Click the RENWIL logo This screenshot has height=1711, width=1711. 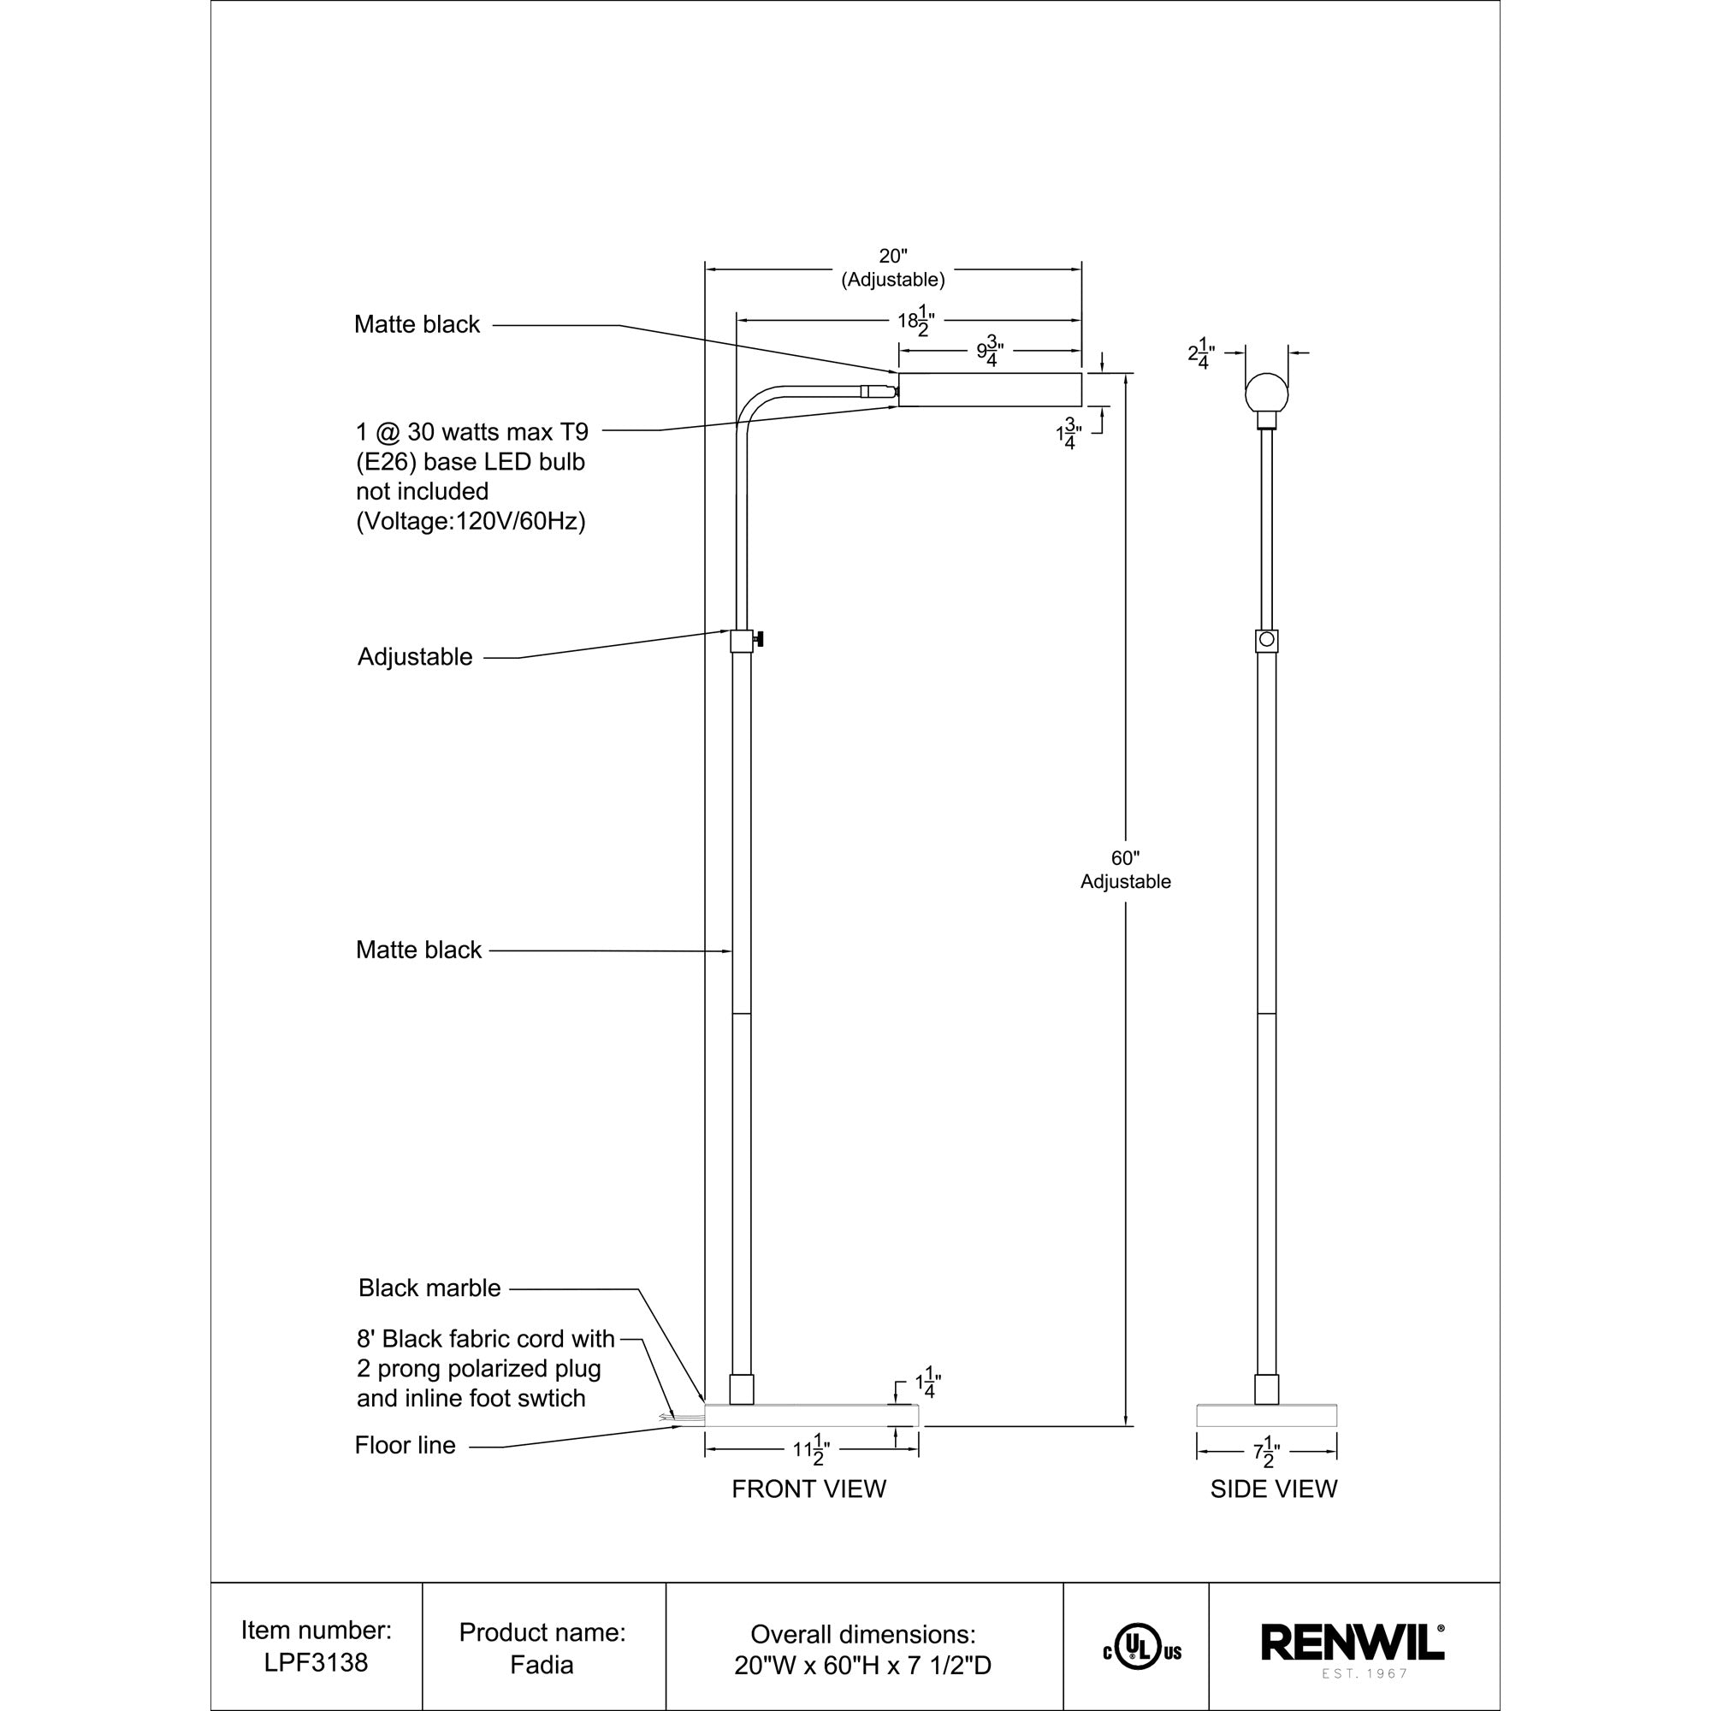(x=1352, y=1643)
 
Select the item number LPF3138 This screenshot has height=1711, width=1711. (x=317, y=1662)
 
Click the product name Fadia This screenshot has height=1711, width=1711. (x=542, y=1664)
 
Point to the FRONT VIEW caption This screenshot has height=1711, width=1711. (x=808, y=1489)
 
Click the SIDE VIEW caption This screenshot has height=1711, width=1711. (x=1273, y=1489)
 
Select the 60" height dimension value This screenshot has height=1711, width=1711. (x=1125, y=858)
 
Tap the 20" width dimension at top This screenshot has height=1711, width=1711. (x=892, y=257)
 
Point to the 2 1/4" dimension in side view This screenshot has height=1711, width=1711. (x=1201, y=355)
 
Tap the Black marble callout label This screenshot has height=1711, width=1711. (x=429, y=1288)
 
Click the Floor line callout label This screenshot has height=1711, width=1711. (x=405, y=1445)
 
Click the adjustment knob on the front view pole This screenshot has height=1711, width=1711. (x=759, y=638)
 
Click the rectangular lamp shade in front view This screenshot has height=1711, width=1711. (x=989, y=389)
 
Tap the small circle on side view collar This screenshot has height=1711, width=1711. (x=1266, y=638)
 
